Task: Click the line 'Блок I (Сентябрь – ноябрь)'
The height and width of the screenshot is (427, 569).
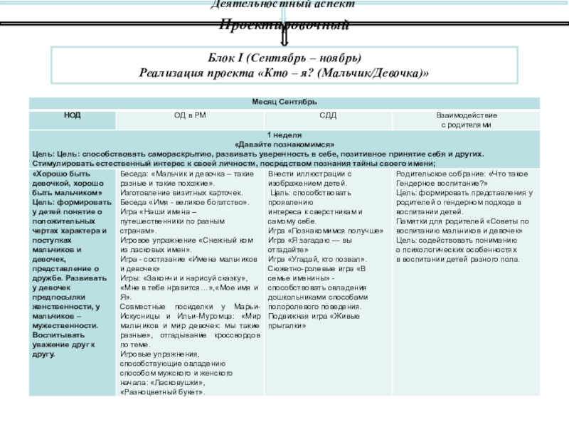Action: pos(284,58)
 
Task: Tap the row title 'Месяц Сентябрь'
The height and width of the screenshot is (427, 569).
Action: pos(284,102)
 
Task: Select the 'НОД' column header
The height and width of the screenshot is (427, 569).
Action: pos(72,115)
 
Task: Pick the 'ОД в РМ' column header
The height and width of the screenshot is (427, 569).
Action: pos(190,115)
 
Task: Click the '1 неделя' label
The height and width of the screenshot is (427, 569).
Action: pos(284,135)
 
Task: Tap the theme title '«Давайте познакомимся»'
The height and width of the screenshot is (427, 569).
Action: pos(284,144)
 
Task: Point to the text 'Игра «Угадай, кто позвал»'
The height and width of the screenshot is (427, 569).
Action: pos(310,259)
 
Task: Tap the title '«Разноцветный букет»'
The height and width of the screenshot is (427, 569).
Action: pos(164,392)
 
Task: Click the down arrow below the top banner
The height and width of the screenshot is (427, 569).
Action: pos(284,37)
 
